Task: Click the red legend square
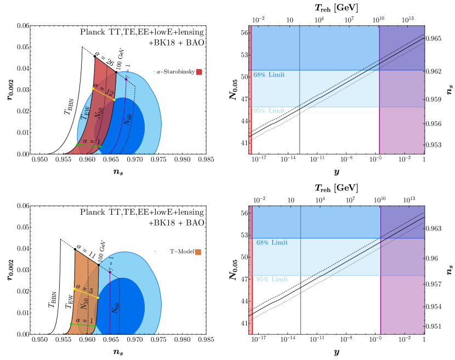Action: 199,72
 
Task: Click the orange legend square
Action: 198,252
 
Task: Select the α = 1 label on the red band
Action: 88,141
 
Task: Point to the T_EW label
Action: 86,113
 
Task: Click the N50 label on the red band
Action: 99,112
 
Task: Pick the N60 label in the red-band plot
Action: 128,119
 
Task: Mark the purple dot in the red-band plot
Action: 126,79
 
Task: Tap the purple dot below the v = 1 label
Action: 110,272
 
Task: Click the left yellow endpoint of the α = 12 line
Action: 93,88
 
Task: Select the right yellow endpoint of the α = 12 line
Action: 114,100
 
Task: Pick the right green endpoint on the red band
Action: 100,146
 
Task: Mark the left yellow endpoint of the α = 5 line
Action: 74,289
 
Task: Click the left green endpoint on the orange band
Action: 71,324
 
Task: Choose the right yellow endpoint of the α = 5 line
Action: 98,298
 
